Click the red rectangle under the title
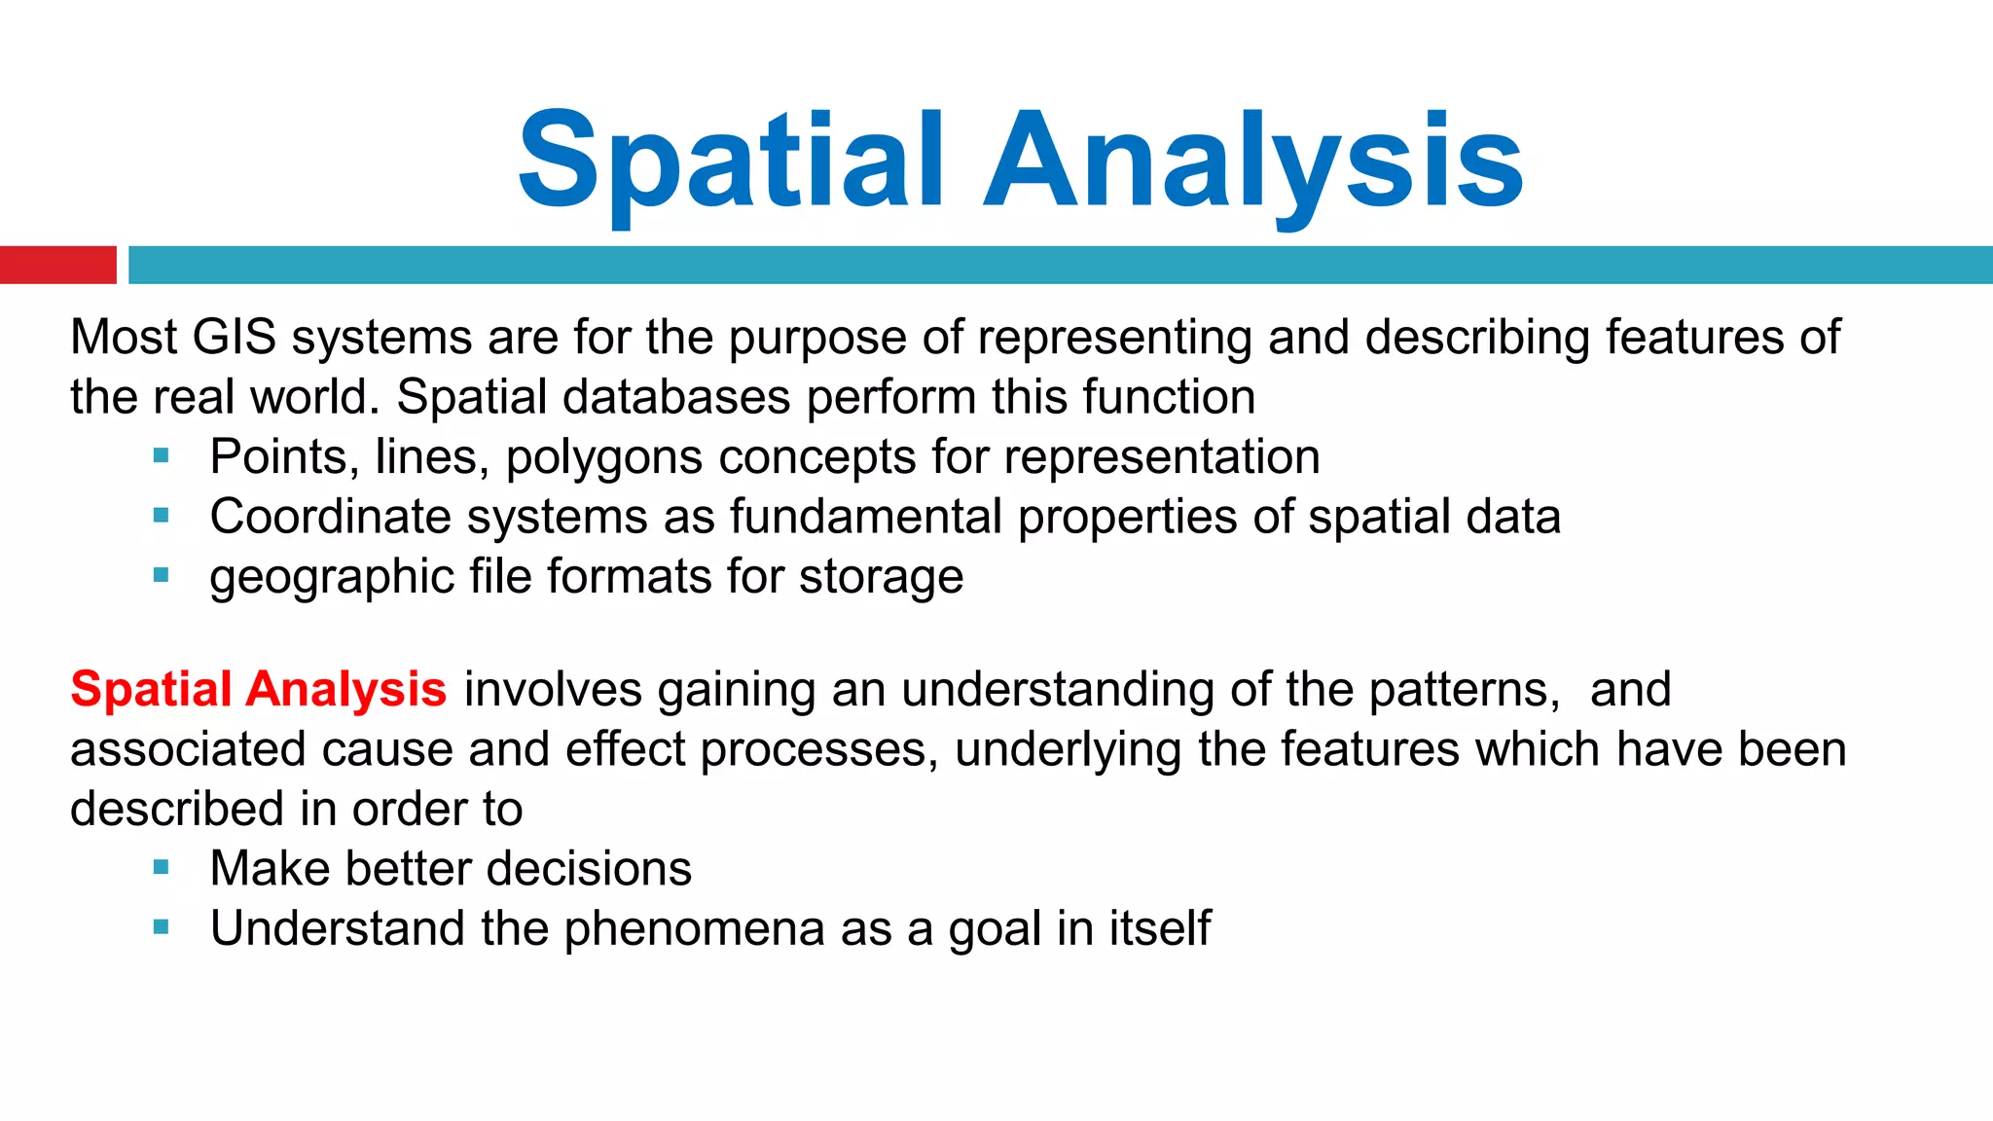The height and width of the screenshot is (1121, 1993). [x=57, y=265]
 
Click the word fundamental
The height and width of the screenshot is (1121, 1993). [x=865, y=517]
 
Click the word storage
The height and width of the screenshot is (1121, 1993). [x=881, y=578]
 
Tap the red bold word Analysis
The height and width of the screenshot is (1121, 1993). [x=345, y=690]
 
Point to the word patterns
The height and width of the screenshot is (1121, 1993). [x=1464, y=690]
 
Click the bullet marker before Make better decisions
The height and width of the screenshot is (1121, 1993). [x=162, y=867]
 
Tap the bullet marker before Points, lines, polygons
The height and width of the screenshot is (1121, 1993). [x=162, y=454]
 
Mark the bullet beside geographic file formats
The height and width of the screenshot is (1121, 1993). [x=162, y=575]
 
